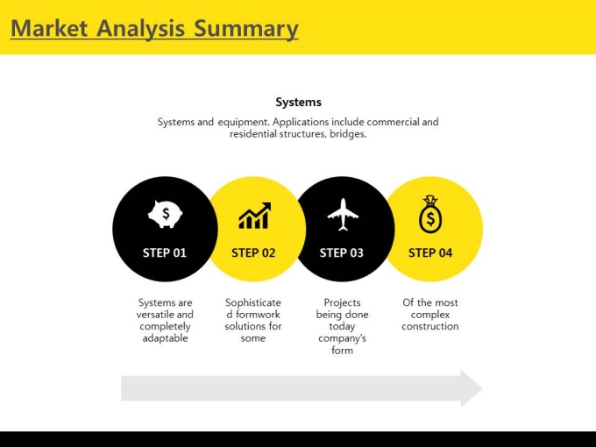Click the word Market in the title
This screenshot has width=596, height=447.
(49, 28)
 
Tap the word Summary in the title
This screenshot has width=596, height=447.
(246, 29)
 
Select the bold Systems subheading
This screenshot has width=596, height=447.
(298, 103)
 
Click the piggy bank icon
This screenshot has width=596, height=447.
(165, 214)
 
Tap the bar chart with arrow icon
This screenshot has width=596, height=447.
(255, 216)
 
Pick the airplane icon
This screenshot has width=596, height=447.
(343, 215)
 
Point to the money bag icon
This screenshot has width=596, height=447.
(430, 214)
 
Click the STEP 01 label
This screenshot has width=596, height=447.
(165, 252)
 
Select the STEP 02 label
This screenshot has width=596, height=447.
(253, 252)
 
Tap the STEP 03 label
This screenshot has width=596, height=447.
(341, 252)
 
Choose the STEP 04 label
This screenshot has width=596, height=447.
(430, 252)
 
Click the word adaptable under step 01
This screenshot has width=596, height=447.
(165, 338)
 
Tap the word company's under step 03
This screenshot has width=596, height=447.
(342, 338)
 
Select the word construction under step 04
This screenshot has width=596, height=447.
(430, 326)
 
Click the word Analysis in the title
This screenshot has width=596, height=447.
(140, 29)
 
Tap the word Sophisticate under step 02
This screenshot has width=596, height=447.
(253, 303)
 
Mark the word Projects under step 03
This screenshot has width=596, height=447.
(342, 303)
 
